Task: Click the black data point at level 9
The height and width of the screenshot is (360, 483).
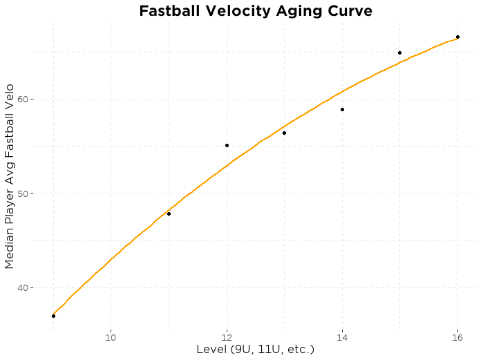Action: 53,316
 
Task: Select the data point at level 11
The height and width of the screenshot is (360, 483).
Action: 169,214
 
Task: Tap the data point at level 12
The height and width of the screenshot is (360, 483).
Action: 227,145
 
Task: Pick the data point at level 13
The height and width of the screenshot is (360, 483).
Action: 284,133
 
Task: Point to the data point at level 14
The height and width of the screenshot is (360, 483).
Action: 342,109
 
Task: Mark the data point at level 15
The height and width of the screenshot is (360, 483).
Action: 399,53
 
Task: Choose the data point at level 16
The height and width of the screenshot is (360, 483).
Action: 457,37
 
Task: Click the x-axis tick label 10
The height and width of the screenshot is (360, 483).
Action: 111,337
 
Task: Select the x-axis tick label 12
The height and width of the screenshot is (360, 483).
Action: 227,337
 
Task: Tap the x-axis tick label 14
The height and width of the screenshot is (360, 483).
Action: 342,337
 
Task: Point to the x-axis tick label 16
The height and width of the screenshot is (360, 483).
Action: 457,337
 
